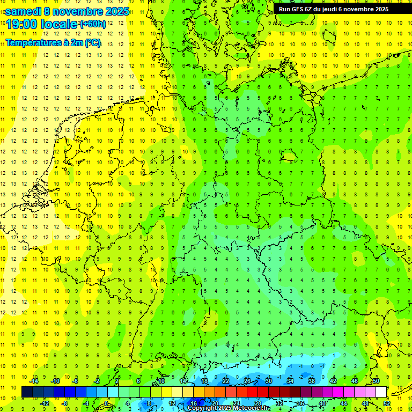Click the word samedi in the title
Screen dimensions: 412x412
tap(23, 11)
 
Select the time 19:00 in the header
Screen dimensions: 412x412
tap(22, 24)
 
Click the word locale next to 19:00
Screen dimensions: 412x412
tap(59, 24)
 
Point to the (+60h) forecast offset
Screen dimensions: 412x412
tap(93, 24)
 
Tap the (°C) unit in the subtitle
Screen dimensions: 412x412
tap(93, 42)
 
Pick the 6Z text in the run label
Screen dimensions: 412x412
tap(308, 9)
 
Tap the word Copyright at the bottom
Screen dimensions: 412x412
tap(203, 408)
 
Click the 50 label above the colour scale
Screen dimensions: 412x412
tap(376, 381)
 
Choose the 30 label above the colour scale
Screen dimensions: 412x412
tap(268, 381)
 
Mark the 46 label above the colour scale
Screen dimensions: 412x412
tap(354, 381)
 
